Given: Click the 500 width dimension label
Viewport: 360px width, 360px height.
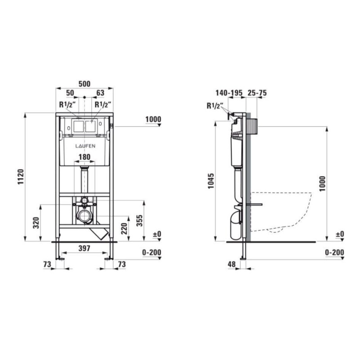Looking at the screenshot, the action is click(85, 84).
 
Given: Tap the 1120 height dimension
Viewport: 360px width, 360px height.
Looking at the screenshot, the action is click(21, 176).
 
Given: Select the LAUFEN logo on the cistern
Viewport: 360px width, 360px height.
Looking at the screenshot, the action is click(85, 146).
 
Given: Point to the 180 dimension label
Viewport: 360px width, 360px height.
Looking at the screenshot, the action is click(85, 157).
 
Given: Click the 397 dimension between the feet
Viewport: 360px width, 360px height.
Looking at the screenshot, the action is click(85, 248).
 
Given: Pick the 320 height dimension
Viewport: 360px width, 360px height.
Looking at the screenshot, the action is click(36, 223).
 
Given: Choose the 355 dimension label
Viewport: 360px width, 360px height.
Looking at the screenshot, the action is click(139, 220).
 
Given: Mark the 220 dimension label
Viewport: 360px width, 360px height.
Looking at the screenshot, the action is click(124, 229).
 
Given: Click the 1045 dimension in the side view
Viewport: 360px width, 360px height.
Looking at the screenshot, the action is click(211, 181).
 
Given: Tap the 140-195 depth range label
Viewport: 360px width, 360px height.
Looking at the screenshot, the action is click(229, 93).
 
